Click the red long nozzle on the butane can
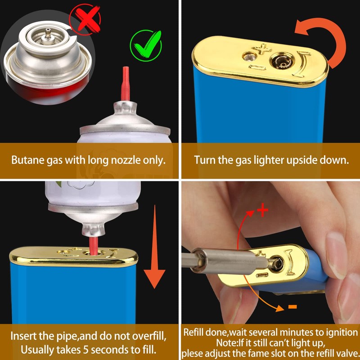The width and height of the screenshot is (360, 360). [126, 84]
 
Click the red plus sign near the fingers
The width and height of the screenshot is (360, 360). [263, 211]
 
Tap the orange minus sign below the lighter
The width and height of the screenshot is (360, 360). [292, 307]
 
